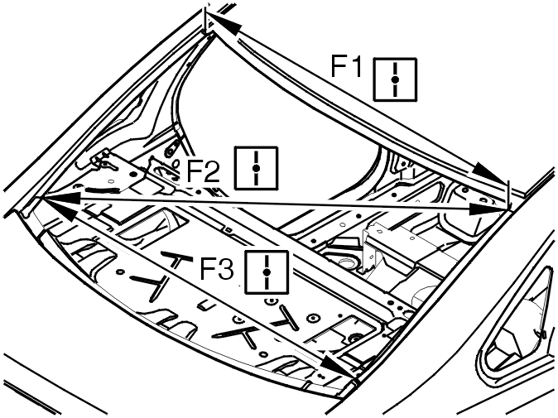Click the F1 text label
point(346,66)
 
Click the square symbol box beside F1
point(395,79)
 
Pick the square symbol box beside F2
point(256,167)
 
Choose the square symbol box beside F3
point(267,272)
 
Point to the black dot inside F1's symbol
point(395,79)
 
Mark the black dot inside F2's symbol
point(256,168)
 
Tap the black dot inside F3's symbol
point(267,272)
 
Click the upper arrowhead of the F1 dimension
point(223,23)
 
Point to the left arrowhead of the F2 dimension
point(59,198)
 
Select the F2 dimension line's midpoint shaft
point(274,204)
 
